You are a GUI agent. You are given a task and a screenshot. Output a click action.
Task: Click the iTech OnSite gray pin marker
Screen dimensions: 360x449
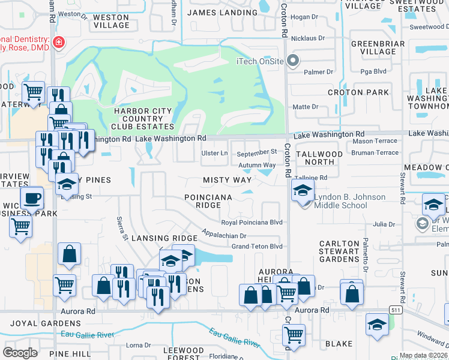293,60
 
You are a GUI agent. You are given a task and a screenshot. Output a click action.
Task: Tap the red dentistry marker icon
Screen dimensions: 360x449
59,42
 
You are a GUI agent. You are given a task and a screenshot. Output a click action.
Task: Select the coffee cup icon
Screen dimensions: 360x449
31,197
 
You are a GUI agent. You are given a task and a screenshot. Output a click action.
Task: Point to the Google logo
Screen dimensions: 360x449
20,352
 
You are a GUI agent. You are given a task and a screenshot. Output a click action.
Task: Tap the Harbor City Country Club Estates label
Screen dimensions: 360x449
143,118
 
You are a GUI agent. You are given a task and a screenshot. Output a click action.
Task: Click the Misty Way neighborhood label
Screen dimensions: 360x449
227,180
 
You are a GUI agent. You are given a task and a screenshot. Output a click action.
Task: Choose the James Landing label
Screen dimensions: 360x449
222,12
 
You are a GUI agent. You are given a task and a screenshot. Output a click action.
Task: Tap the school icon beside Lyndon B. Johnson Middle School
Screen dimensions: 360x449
302,191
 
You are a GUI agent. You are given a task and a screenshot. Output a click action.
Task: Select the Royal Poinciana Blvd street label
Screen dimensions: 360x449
252,222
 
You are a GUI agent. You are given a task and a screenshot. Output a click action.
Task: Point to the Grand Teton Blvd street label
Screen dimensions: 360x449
257,246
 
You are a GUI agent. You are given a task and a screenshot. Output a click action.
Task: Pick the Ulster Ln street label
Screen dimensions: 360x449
215,153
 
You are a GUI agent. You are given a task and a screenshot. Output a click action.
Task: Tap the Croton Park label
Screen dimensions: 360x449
358,92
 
